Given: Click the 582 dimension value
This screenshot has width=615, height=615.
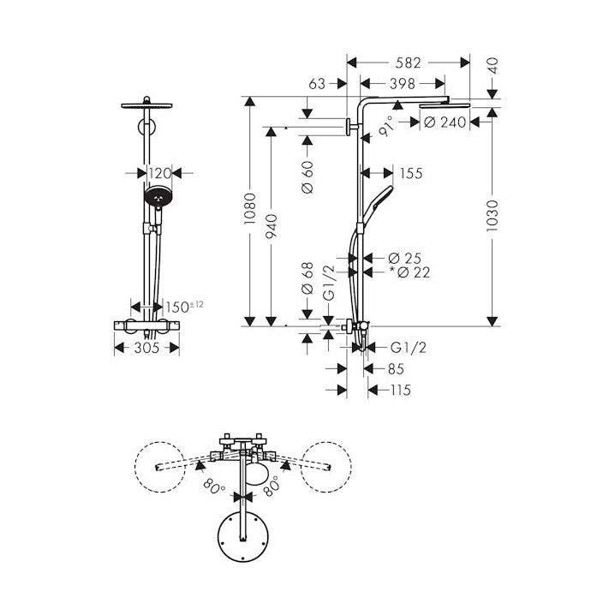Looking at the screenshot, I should click(409, 63).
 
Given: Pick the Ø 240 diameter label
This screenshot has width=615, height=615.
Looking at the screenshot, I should click(445, 122).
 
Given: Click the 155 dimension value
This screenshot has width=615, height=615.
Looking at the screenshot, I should click(411, 174).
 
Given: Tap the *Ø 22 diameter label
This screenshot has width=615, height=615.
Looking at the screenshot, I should click(409, 272).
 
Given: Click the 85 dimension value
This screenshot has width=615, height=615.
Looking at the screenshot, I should click(396, 369).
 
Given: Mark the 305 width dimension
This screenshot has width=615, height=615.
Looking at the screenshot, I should click(147, 348).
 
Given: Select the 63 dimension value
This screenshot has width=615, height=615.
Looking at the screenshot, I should click(317, 84).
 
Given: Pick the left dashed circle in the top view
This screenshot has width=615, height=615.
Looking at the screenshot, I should click(161, 466).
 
